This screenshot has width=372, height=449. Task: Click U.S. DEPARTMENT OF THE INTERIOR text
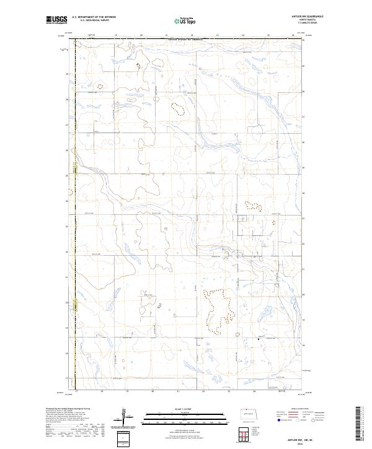tap(94, 17)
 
